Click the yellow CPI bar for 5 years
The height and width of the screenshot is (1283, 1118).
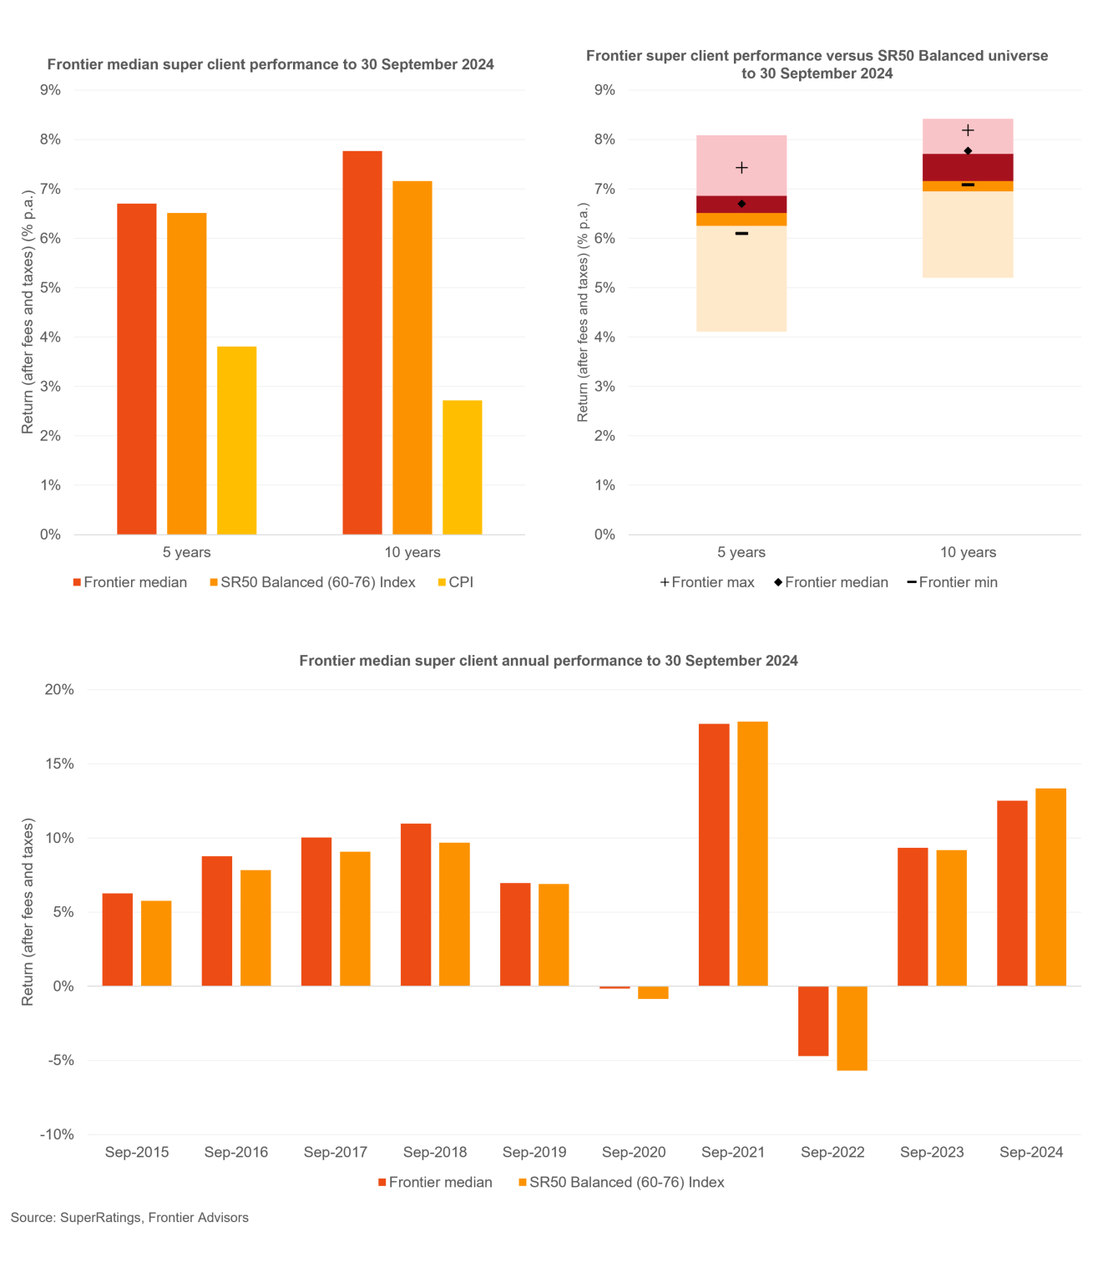(x=236, y=440)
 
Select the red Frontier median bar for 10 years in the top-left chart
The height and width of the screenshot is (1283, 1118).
(x=362, y=342)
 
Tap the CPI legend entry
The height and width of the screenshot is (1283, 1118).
(x=455, y=582)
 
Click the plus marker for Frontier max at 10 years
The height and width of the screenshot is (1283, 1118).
(x=968, y=130)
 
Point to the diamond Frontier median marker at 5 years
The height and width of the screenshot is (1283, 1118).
(x=741, y=204)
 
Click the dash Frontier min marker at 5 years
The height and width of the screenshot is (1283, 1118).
(x=741, y=233)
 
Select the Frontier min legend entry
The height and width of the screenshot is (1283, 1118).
(x=953, y=582)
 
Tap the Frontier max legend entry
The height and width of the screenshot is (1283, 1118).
(x=707, y=582)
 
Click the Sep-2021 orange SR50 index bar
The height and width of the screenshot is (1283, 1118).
(x=752, y=854)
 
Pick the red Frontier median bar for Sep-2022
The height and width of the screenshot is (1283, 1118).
(x=813, y=1021)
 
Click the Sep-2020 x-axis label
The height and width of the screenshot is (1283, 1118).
(x=634, y=1152)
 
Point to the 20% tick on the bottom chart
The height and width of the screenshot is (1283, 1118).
(x=59, y=689)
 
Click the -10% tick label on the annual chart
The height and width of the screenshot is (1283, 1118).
(x=57, y=1134)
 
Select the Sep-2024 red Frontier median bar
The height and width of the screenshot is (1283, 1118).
(x=1012, y=893)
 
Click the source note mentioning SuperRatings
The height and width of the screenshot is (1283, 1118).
(x=129, y=1217)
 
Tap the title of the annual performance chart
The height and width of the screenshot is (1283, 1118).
(x=549, y=661)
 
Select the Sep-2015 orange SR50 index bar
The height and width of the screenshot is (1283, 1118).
(x=156, y=943)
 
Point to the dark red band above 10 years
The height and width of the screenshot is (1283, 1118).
(x=968, y=167)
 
